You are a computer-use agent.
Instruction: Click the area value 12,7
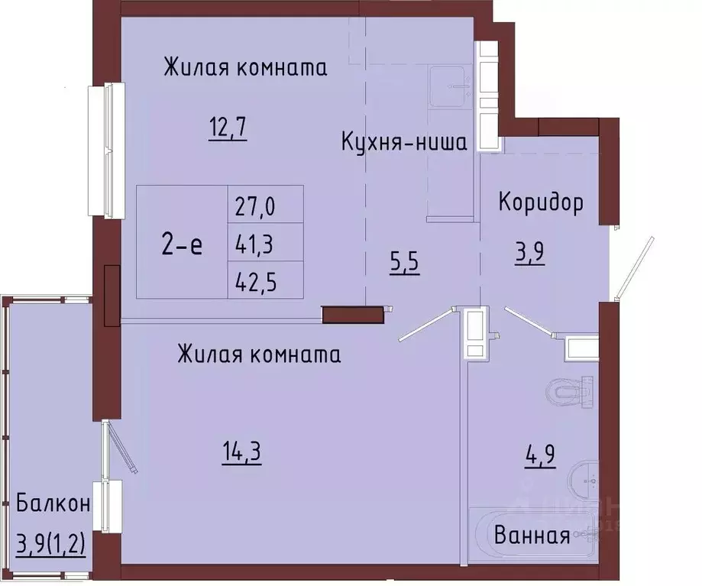click(228, 129)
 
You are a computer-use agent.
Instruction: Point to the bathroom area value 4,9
click(540, 455)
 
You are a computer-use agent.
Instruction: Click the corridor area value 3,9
click(529, 253)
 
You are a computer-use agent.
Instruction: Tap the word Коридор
click(541, 202)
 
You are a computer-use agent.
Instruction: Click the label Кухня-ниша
click(404, 142)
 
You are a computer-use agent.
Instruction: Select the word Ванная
click(532, 535)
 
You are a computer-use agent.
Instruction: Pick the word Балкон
click(53, 503)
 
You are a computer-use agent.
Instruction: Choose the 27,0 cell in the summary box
click(255, 207)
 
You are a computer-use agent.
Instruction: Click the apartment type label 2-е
click(182, 245)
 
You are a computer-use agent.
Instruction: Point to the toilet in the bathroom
click(570, 393)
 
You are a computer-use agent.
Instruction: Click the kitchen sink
click(450, 87)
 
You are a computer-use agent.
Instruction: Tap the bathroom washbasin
click(584, 480)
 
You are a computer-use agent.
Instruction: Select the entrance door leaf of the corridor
click(634, 267)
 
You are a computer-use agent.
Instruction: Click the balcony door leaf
click(120, 446)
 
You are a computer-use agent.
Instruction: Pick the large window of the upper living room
click(106, 151)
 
